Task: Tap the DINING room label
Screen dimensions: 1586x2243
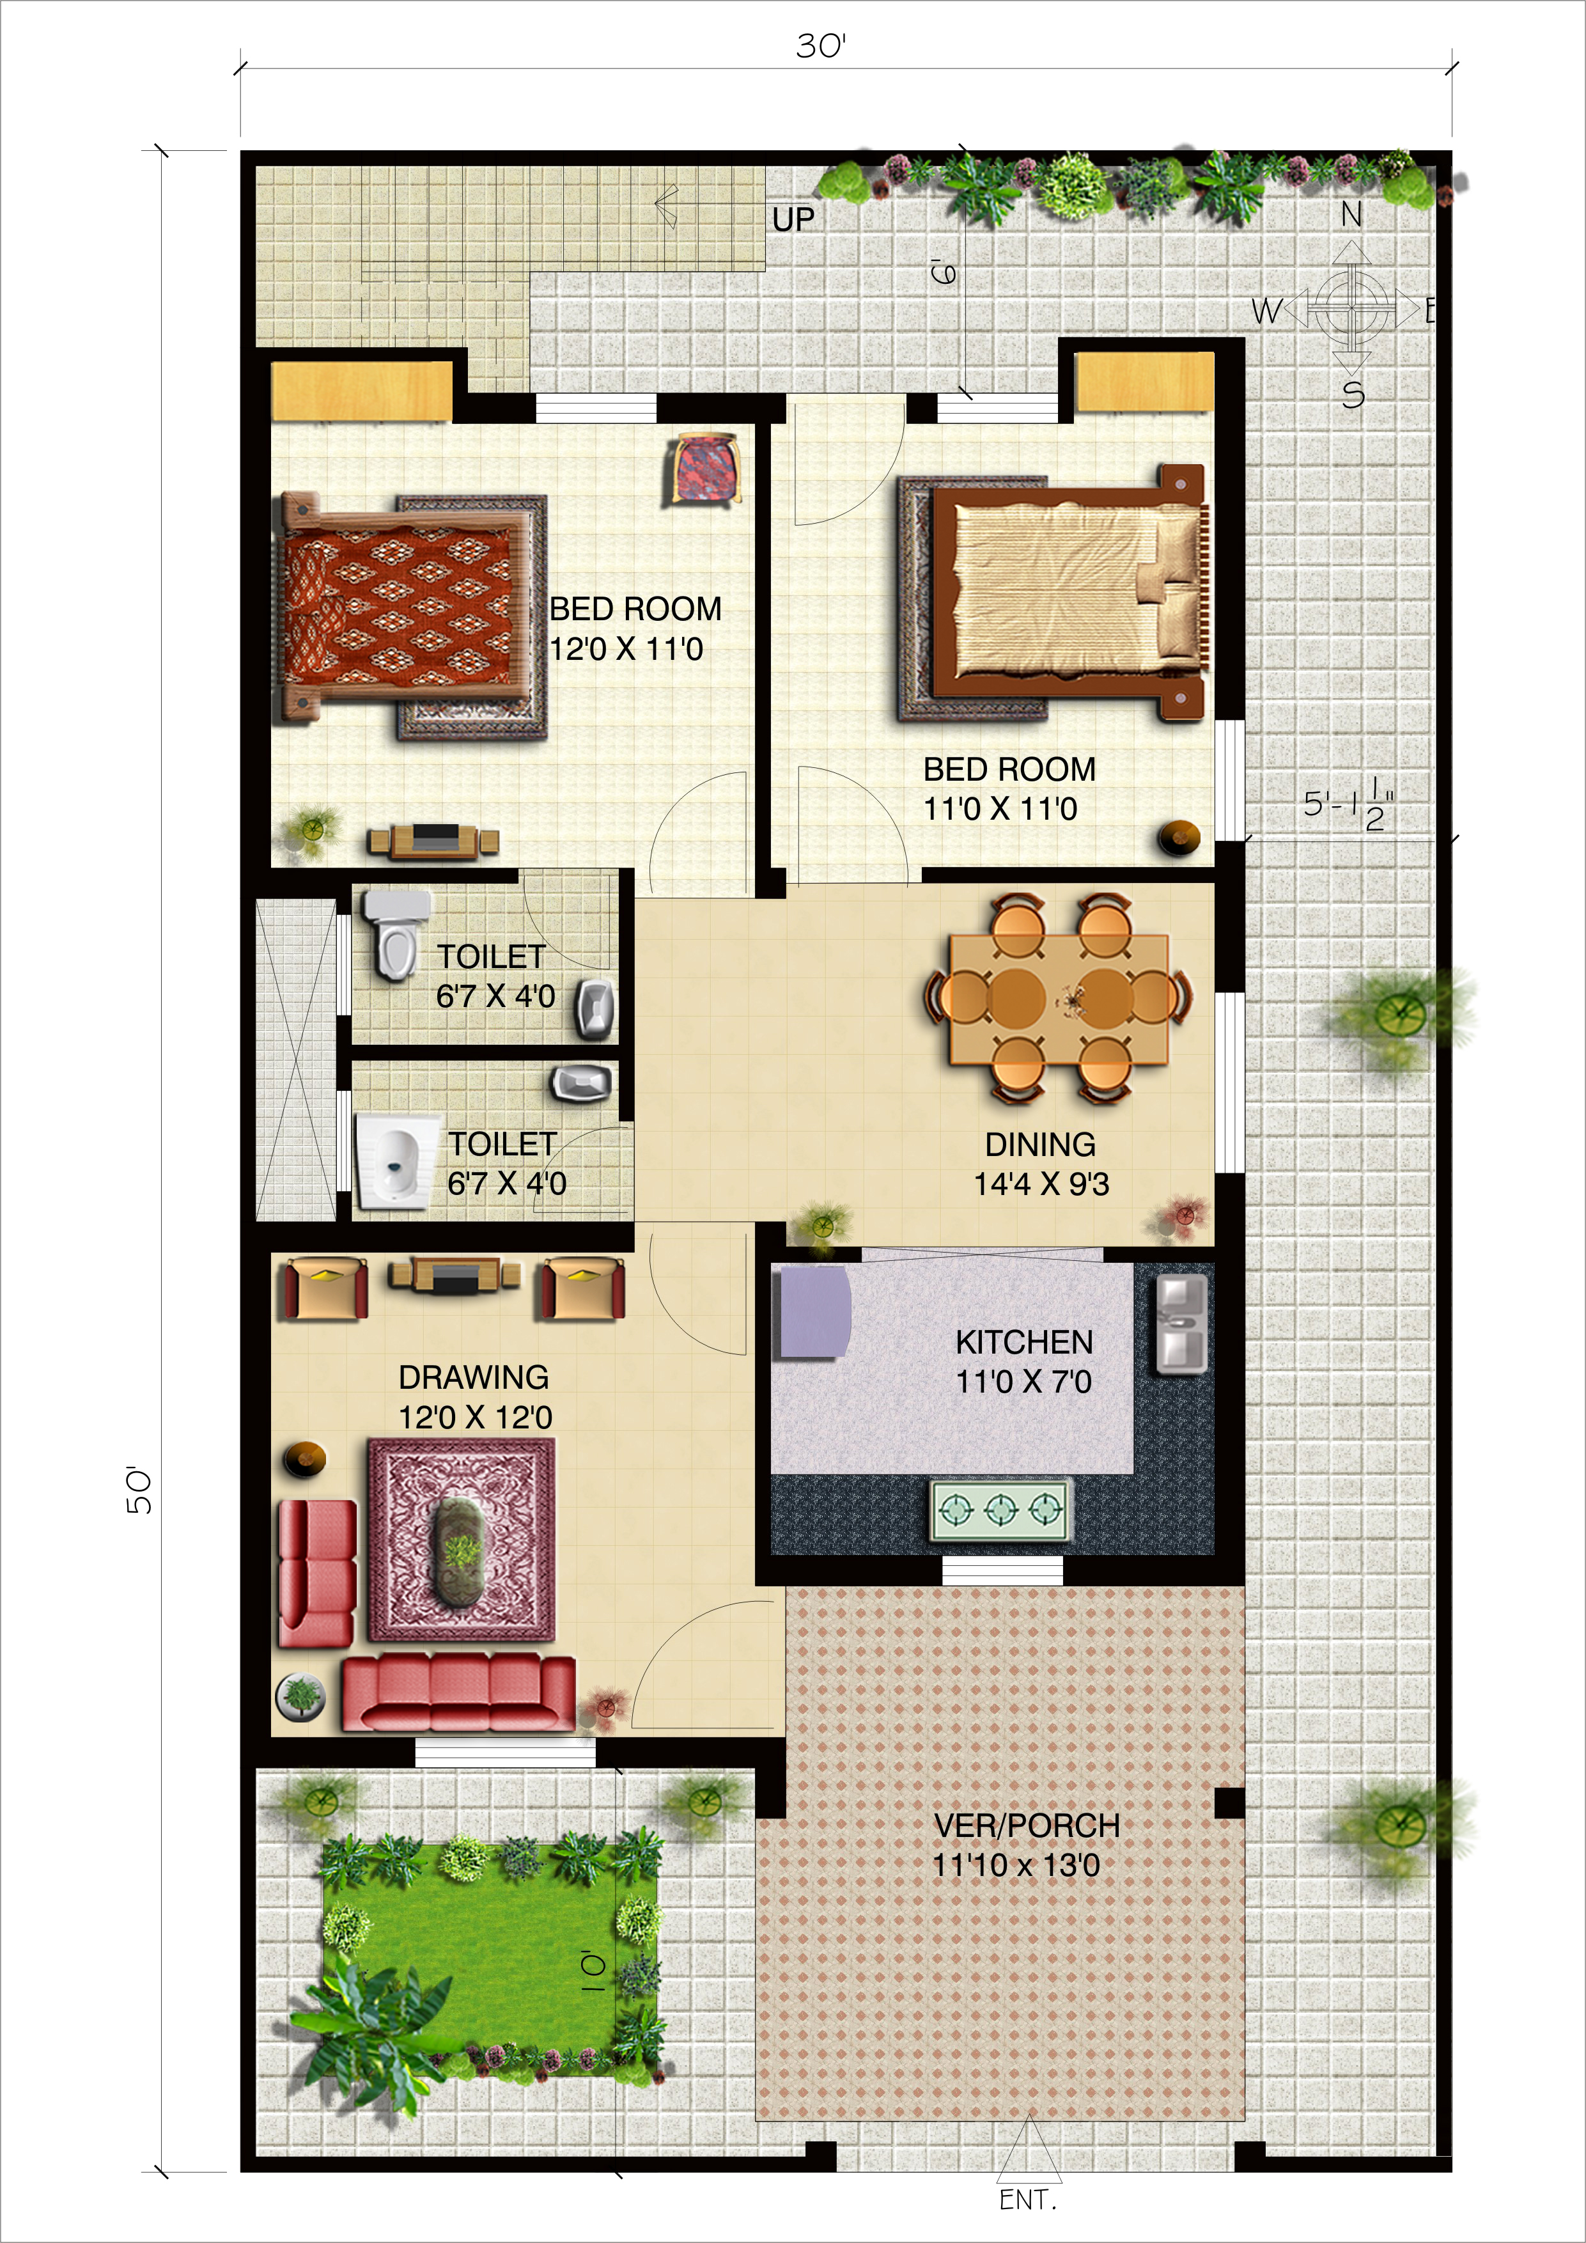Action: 1040,1144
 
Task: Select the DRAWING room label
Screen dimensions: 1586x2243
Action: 474,1377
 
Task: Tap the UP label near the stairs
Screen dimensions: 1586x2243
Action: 793,220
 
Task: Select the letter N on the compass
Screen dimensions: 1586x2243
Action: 1351,214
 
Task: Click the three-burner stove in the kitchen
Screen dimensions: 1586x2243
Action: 1000,1512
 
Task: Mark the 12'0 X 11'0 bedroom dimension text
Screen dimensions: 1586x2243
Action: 626,649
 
